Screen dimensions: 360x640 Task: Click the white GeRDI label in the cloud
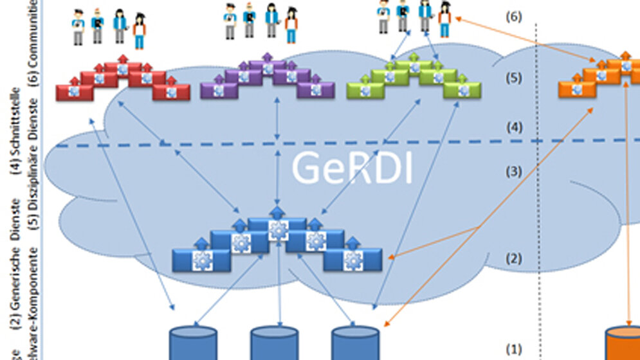tap(351, 168)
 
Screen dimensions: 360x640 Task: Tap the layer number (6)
tap(513, 17)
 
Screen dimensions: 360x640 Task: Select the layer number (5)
tap(513, 78)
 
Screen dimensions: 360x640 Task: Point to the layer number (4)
tap(513, 127)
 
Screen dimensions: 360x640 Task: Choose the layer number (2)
tap(513, 259)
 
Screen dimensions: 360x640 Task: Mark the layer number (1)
tap(513, 349)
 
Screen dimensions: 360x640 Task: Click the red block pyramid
tap(122, 82)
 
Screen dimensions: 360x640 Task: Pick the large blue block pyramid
tap(277, 244)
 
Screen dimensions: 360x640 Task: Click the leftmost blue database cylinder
tap(193, 344)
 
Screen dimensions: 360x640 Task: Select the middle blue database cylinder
tap(275, 344)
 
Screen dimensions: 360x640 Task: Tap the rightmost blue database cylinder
tap(356, 344)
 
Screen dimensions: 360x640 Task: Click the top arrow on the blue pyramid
tap(277, 212)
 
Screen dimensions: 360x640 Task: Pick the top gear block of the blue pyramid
tap(278, 229)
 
